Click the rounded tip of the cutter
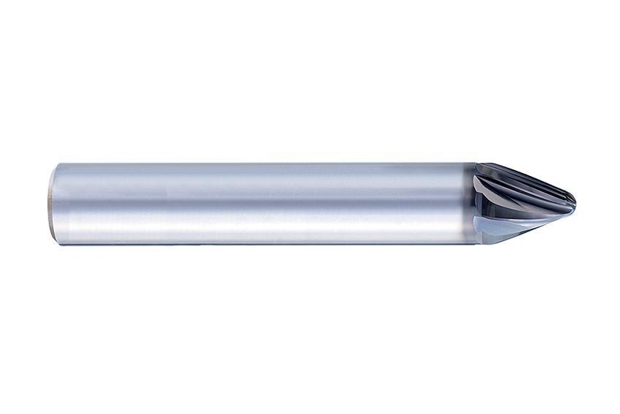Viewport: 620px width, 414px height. (x=573, y=203)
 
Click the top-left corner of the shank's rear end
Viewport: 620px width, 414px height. (x=53, y=166)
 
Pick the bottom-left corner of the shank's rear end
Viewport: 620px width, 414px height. (x=53, y=242)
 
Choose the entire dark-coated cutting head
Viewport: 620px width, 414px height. (x=522, y=203)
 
